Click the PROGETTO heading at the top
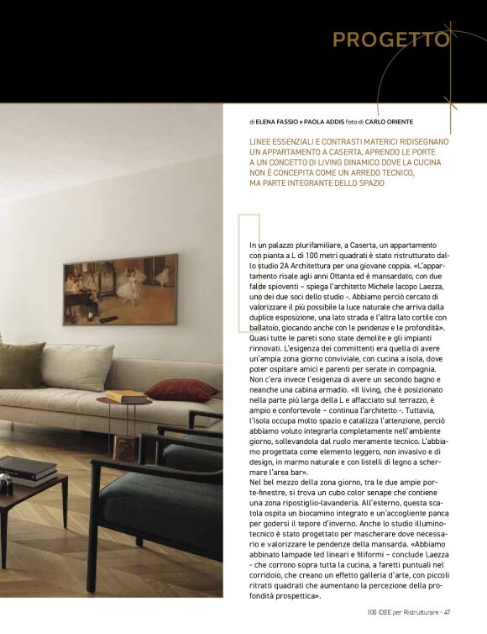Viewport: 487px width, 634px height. pos(390,40)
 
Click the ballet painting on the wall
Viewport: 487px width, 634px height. pos(120,288)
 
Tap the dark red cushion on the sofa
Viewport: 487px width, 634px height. pos(182,389)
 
